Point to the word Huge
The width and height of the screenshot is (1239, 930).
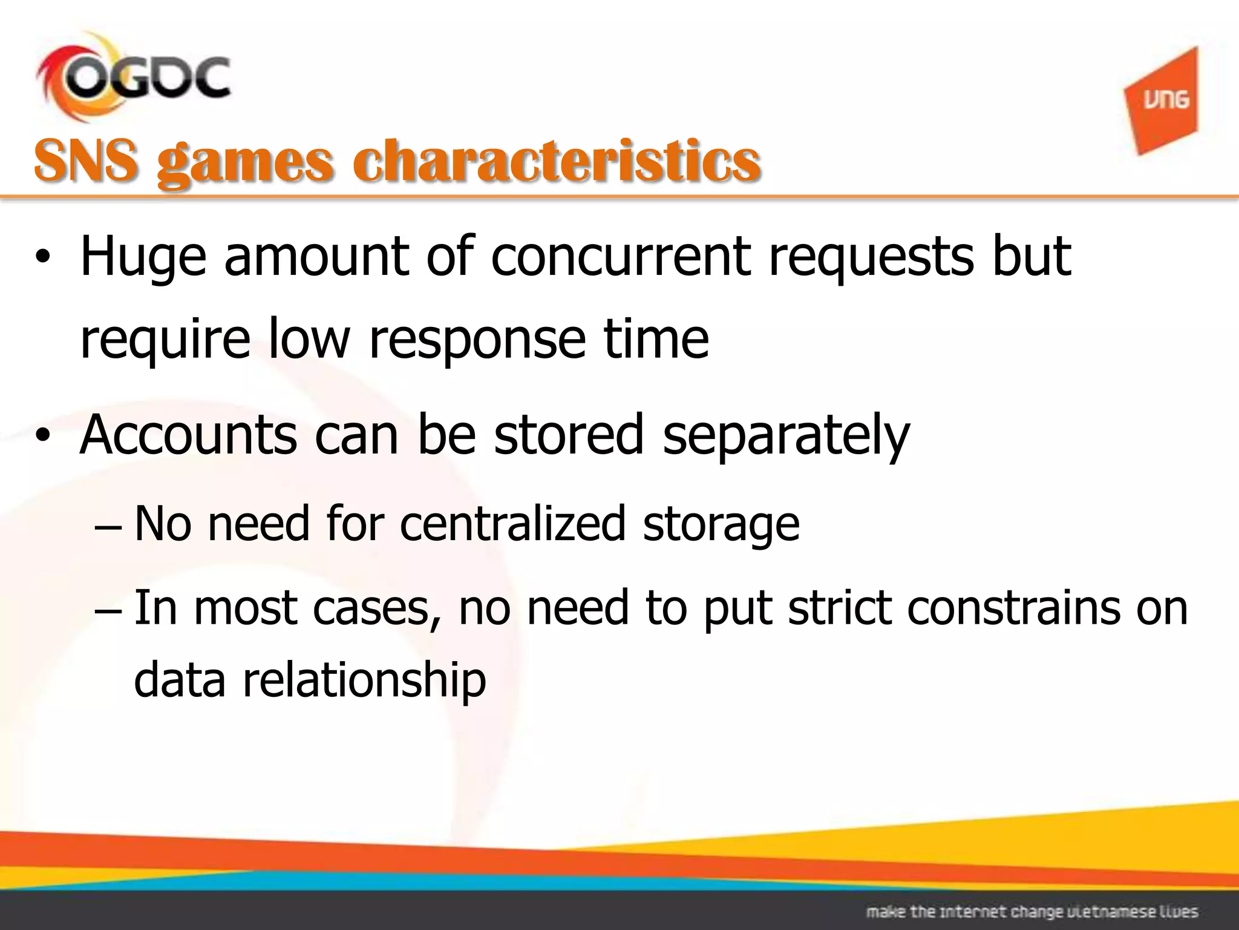click(143, 257)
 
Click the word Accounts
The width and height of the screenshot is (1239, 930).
click(188, 435)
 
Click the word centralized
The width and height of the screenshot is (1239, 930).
click(512, 524)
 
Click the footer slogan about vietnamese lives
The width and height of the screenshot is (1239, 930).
click(1031, 911)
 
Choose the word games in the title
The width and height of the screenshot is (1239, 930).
click(245, 162)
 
